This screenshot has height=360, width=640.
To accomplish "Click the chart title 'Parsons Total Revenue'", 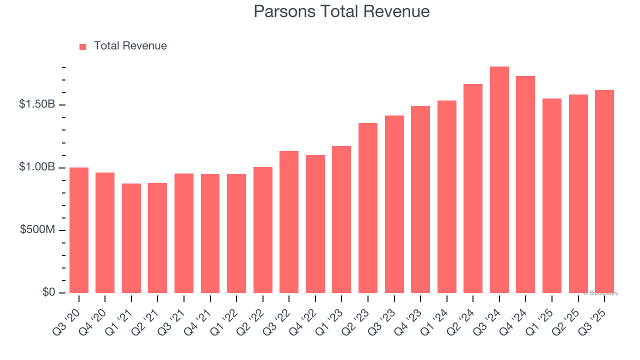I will pyautogui.click(x=341, y=11).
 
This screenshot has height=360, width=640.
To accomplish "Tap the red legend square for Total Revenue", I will pyautogui.click(x=83, y=46).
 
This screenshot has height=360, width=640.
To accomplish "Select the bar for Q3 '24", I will pyautogui.click(x=499, y=180).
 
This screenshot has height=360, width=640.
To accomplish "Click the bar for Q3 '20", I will pyautogui.click(x=79, y=230).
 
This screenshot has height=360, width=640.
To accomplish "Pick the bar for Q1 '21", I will pyautogui.click(x=131, y=238).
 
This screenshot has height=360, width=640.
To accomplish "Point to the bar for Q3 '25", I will pyautogui.click(x=604, y=191).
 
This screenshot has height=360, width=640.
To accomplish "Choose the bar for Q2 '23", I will pyautogui.click(x=368, y=208).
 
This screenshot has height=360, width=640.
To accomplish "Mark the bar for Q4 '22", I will pyautogui.click(x=315, y=224).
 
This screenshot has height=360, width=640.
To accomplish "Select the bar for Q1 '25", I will pyautogui.click(x=551, y=195).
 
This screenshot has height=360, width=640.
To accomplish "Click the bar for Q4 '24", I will pyautogui.click(x=525, y=184).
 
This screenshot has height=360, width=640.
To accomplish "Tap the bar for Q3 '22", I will pyautogui.click(x=289, y=222).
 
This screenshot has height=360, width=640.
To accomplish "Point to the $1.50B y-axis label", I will pyautogui.click(x=37, y=104).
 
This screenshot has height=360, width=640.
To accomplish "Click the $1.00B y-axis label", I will pyautogui.click(x=37, y=167).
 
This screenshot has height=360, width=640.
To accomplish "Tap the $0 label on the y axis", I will pyautogui.click(x=48, y=292).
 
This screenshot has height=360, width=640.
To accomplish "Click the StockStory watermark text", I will pyautogui.click(x=600, y=293).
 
